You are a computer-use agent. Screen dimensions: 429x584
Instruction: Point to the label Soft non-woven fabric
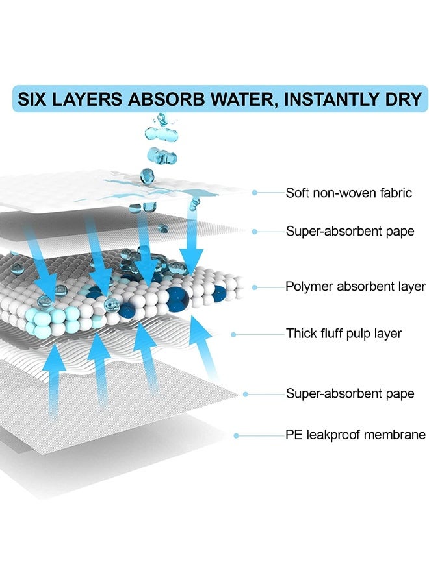click(x=349, y=193)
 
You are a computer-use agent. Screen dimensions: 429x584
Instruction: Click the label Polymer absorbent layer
click(x=356, y=286)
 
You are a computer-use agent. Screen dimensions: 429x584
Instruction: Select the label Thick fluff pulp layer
click(x=344, y=334)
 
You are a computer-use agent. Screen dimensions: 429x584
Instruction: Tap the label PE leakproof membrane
click(x=356, y=435)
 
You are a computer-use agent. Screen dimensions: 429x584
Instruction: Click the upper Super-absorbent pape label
click(x=350, y=231)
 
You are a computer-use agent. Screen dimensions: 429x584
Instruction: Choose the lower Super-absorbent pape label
click(x=350, y=394)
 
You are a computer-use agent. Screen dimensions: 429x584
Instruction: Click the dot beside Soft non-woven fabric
click(x=255, y=193)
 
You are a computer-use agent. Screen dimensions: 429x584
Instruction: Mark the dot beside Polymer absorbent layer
click(x=255, y=287)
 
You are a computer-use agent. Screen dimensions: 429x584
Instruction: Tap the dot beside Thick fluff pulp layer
click(x=233, y=334)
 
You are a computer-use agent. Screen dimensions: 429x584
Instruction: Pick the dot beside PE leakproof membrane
click(x=236, y=435)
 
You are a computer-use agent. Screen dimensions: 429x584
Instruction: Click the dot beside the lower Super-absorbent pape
click(x=246, y=394)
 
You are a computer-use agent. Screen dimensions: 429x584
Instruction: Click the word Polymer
click(x=309, y=286)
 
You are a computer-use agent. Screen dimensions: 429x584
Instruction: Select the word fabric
click(x=396, y=193)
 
